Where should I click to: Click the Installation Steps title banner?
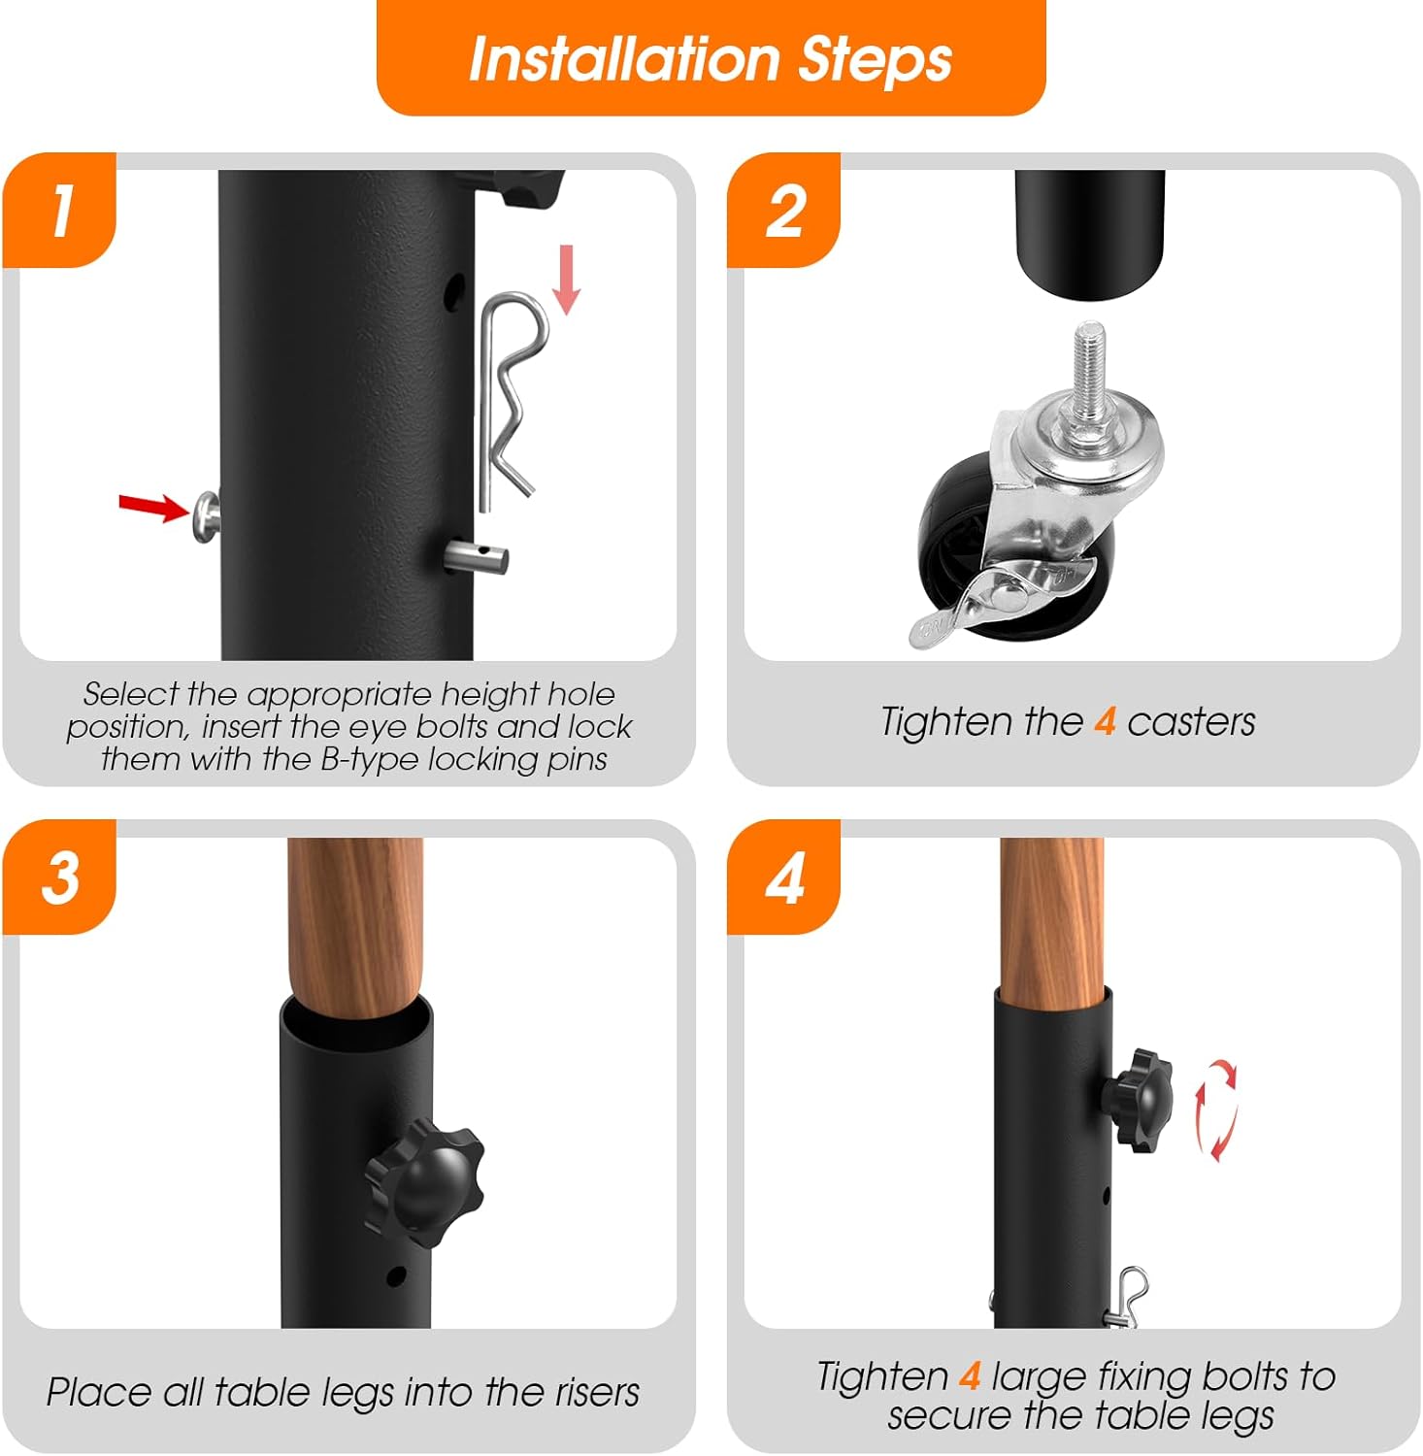click(711, 58)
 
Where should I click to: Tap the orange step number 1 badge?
click(60, 210)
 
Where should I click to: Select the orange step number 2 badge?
click(784, 210)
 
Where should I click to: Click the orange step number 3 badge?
click(60, 877)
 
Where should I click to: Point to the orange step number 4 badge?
click(784, 877)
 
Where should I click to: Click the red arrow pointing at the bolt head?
click(153, 506)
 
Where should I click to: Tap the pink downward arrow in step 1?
click(566, 280)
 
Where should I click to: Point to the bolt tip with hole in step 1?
click(477, 557)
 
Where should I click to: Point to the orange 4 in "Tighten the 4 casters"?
click(1105, 722)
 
